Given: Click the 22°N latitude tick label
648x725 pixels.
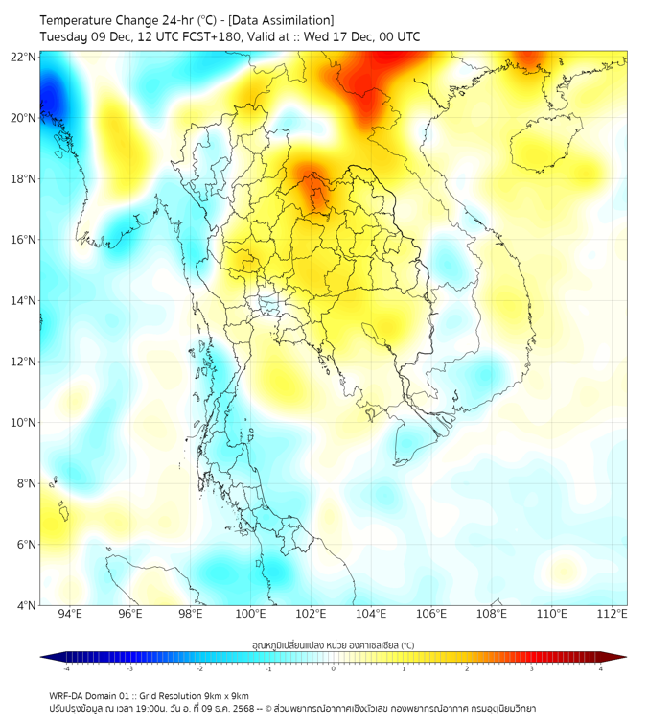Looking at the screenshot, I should click(x=24, y=57).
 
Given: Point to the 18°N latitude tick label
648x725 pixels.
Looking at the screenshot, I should click(x=24, y=179).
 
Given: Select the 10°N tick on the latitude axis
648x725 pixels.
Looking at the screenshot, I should click(x=24, y=423).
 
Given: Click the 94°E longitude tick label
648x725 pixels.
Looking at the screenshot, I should click(x=69, y=614).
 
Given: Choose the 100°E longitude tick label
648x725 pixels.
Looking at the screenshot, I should click(x=250, y=614).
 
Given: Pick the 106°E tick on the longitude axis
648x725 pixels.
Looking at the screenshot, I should click(x=431, y=614).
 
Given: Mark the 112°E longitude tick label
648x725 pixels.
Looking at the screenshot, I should click(x=613, y=614).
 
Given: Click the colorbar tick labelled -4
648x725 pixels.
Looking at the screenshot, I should click(x=66, y=668).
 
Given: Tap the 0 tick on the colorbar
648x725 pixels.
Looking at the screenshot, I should click(x=334, y=668).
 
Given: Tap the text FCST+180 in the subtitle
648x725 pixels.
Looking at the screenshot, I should click(x=204, y=36).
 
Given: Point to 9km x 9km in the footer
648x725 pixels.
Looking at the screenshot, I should click(x=225, y=695).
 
